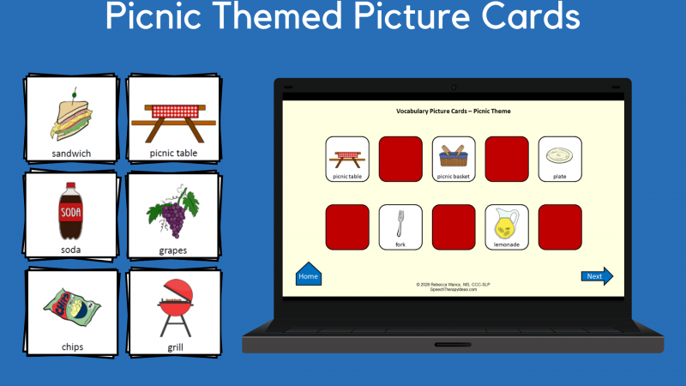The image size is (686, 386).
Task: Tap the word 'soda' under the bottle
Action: coord(71,250)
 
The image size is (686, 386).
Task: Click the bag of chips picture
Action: coord(71,309)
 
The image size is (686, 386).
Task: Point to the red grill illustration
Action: coord(173,307)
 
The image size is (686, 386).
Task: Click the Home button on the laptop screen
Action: coord(308,275)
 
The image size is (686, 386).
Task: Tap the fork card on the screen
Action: coord(400,227)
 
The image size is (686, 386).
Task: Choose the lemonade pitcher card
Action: coord(507,227)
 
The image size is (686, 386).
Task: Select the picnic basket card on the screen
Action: coord(454,159)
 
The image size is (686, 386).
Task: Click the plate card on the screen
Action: coord(560,159)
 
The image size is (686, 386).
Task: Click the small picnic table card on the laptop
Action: coord(347,159)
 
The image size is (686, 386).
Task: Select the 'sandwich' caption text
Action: coord(71,154)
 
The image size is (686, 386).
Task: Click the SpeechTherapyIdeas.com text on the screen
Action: coord(453,290)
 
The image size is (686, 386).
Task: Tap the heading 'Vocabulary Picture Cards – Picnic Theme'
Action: coord(453,111)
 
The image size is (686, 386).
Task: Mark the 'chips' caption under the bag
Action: coord(71,347)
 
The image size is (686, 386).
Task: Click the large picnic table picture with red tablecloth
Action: coord(174,121)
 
